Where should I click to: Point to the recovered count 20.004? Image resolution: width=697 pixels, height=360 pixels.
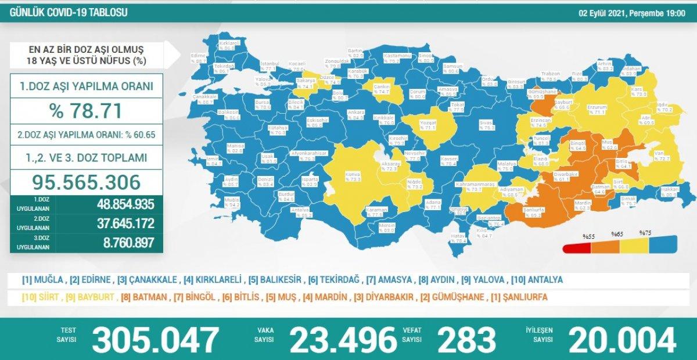622,339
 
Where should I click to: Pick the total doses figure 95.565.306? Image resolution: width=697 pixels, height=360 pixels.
85,182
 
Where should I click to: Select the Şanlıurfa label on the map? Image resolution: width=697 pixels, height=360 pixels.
516,210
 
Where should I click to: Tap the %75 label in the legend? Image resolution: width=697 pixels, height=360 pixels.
645,233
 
